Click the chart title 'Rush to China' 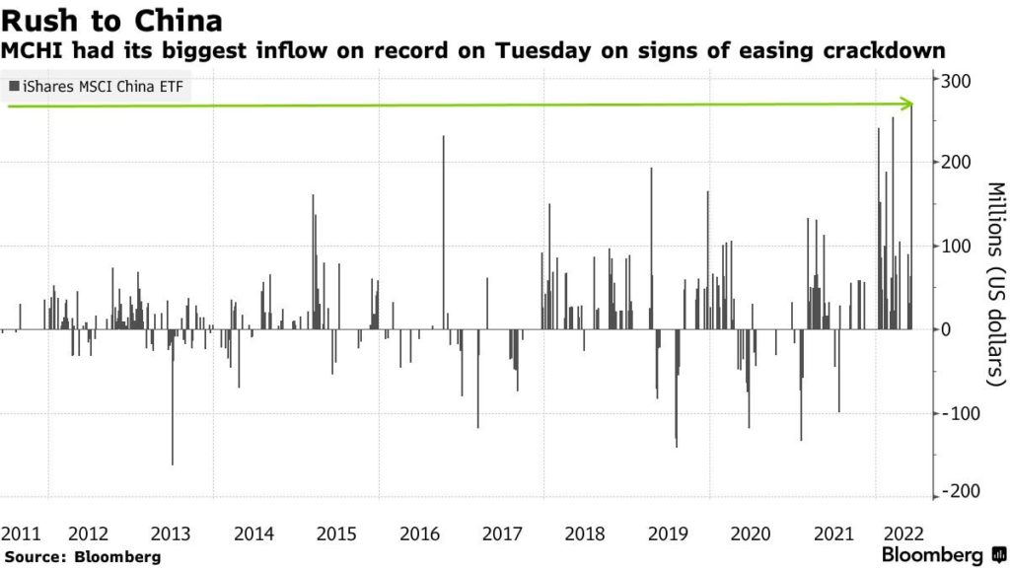click(110, 21)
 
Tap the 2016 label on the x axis click(420, 533)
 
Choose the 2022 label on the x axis click(902, 533)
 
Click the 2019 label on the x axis click(669, 533)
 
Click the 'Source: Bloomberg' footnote click(83, 556)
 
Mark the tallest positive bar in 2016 click(443, 232)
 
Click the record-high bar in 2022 click(911, 217)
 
